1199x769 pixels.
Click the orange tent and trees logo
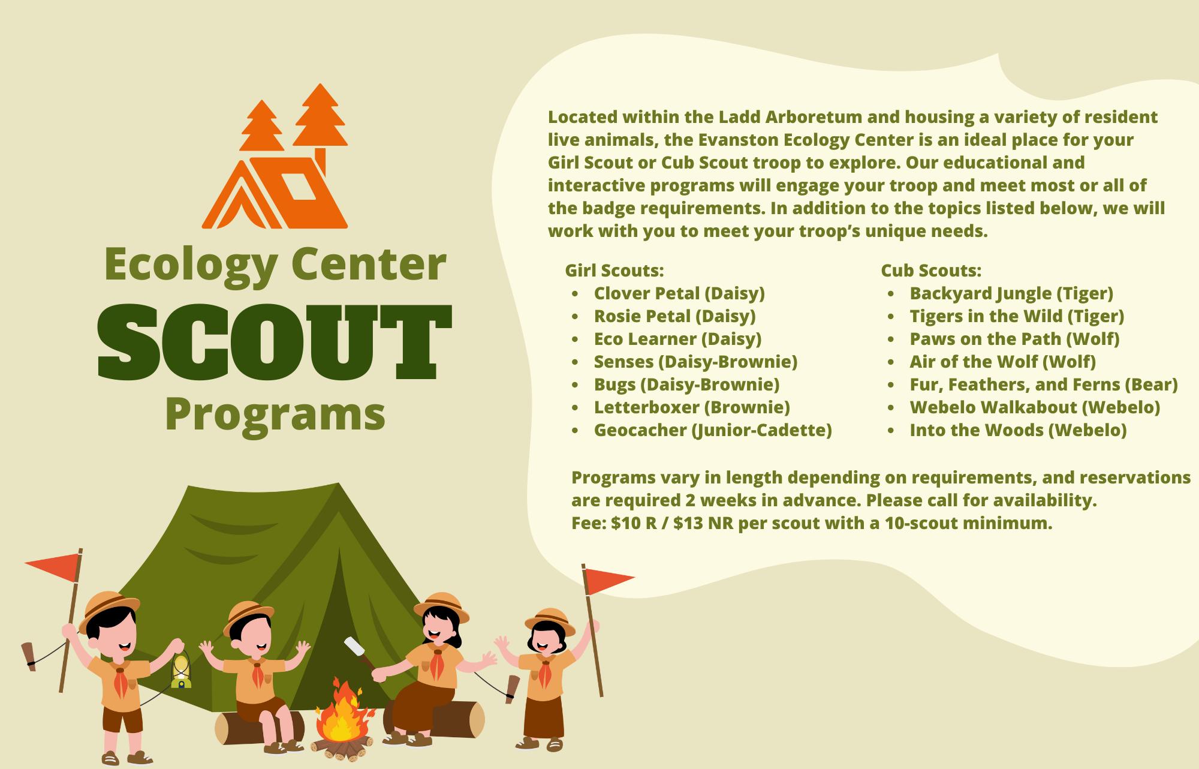tap(275, 157)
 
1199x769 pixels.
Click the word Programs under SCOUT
tap(275, 415)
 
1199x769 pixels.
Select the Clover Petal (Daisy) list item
tap(679, 293)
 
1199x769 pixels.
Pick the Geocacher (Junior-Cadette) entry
tap(713, 430)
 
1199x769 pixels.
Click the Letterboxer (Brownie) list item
tap(692, 407)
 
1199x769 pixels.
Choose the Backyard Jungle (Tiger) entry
tap(1011, 293)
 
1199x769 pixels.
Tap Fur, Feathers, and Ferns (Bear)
tap(1044, 384)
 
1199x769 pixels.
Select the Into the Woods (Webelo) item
tap(1018, 430)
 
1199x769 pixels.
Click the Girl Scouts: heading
tap(614, 271)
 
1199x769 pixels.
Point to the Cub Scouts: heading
tap(931, 271)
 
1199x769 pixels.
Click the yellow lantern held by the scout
tap(180, 670)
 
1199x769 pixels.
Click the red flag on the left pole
tap(53, 567)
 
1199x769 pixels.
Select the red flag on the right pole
tap(608, 579)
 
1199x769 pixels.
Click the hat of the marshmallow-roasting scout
tap(441, 606)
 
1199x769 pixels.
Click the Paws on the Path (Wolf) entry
tap(1014, 339)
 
